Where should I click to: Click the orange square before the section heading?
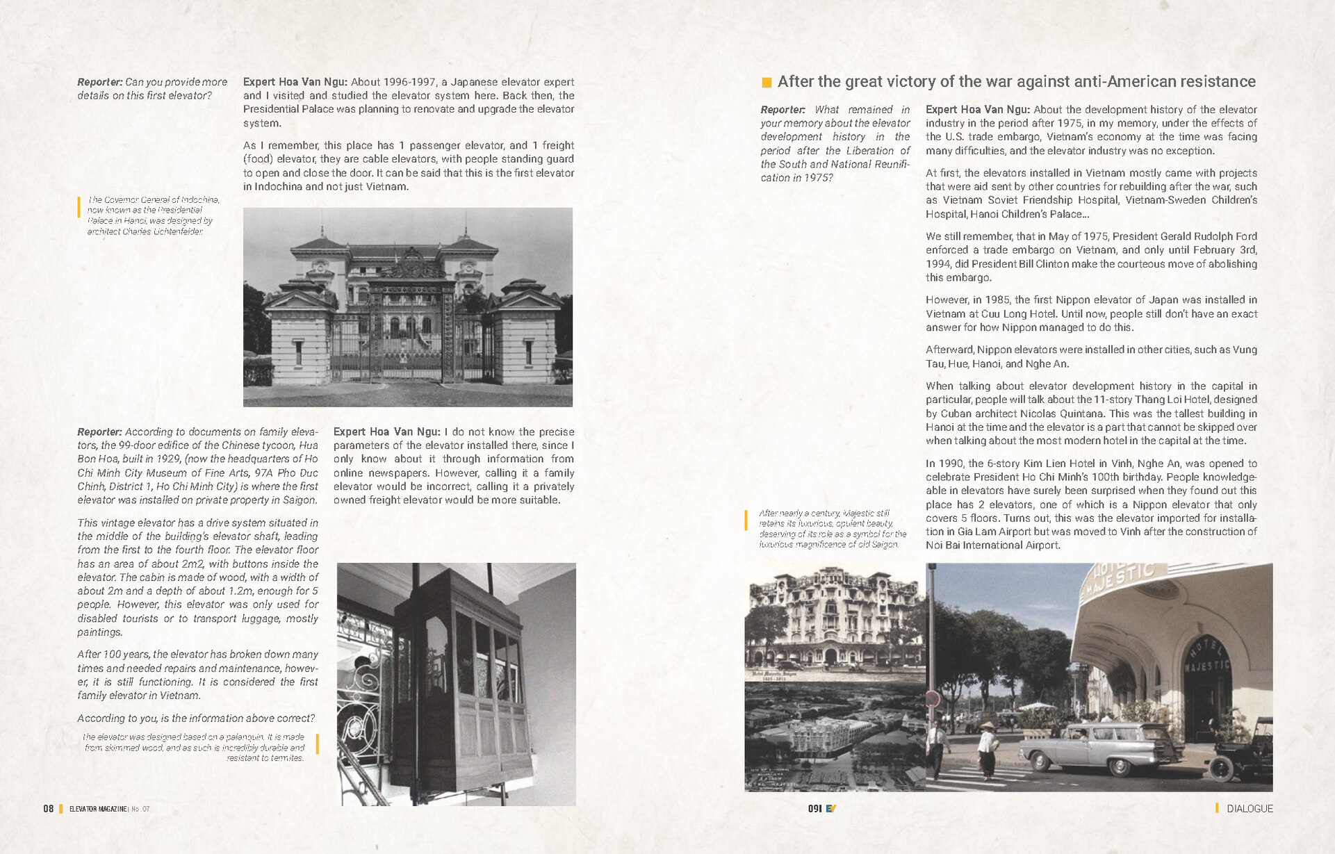(x=767, y=83)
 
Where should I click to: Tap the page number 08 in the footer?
(x=48, y=808)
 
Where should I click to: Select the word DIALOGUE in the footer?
(x=1250, y=808)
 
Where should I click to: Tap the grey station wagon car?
(x=1101, y=749)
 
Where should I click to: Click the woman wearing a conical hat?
(x=988, y=749)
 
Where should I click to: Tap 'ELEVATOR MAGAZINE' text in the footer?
(x=98, y=809)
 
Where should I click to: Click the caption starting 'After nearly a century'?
(x=832, y=529)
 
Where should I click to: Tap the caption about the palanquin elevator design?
(x=195, y=747)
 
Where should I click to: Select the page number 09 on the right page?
(x=814, y=808)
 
